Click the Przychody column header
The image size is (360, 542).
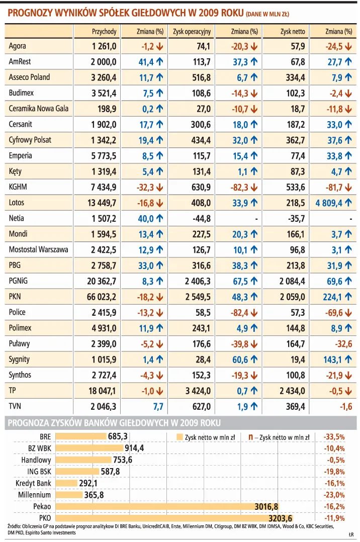(104, 31)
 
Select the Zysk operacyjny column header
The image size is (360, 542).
(192, 31)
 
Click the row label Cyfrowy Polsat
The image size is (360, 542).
(30, 140)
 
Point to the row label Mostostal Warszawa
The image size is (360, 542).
(39, 249)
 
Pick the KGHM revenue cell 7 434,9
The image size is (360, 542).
(104, 187)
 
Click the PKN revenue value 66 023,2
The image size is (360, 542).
(102, 297)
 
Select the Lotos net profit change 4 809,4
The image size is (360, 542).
(329, 203)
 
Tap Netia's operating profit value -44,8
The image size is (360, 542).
(201, 218)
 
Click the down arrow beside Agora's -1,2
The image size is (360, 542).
(159, 46)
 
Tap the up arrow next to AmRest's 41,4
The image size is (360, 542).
(159, 62)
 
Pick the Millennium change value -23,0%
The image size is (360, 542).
(334, 495)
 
